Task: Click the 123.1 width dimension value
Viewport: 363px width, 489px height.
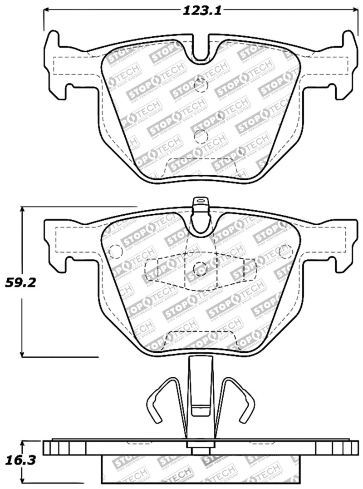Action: tap(201, 11)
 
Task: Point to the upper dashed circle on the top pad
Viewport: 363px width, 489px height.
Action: tap(200, 85)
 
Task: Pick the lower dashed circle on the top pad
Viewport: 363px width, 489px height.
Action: tap(200, 136)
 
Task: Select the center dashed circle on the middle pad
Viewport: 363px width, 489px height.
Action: tap(200, 269)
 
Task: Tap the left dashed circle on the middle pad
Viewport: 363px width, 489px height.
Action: tap(116, 251)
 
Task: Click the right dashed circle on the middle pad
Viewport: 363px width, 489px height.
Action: tap(286, 251)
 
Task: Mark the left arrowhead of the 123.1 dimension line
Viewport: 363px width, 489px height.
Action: tap(46, 10)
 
